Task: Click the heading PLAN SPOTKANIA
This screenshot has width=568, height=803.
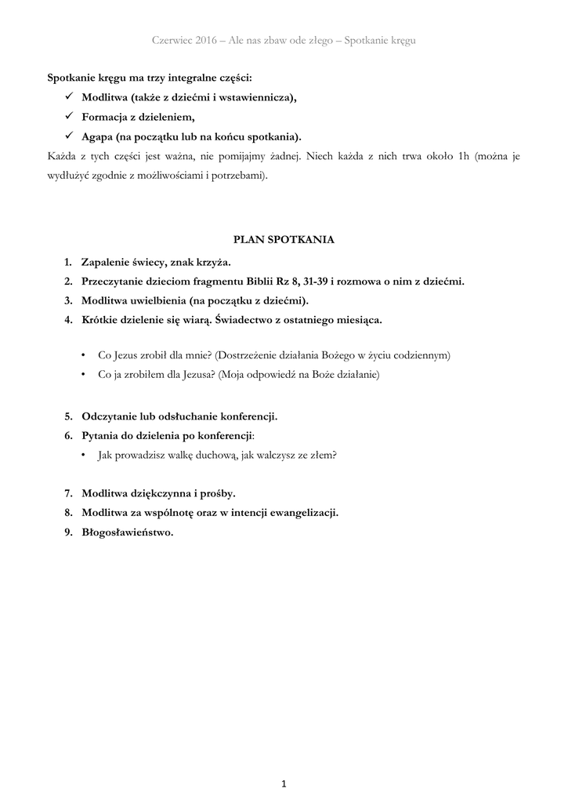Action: [284, 240]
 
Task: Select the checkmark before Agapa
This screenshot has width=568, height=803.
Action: [69, 136]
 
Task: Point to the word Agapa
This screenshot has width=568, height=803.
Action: [96, 136]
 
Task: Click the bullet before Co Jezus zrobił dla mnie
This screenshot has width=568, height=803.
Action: [84, 355]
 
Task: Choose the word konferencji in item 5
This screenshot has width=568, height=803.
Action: [244, 416]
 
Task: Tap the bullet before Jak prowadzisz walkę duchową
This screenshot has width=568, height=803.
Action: [84, 455]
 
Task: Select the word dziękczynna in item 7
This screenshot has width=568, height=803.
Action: [157, 493]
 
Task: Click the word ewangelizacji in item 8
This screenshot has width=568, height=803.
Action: [302, 513]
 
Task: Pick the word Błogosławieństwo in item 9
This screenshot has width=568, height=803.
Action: [127, 532]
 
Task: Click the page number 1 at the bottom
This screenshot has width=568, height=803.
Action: [284, 783]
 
